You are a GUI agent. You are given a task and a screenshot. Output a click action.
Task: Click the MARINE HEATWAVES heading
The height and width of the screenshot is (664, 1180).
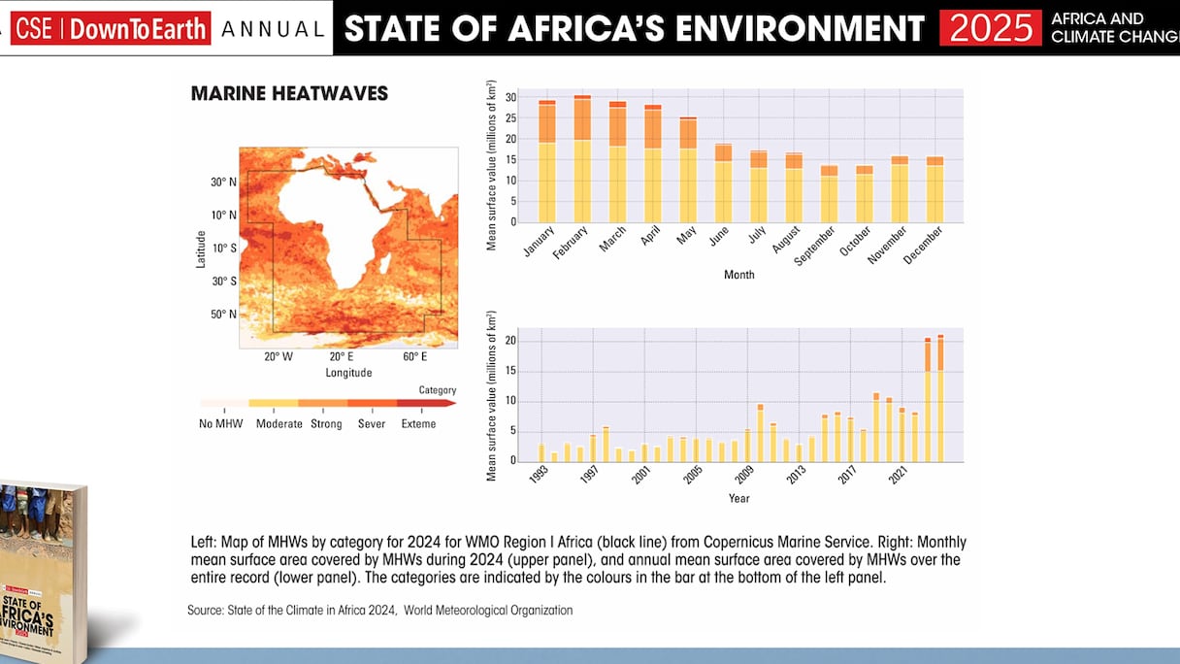[x=289, y=94]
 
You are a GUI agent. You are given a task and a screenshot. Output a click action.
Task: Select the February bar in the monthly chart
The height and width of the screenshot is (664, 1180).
[x=582, y=159]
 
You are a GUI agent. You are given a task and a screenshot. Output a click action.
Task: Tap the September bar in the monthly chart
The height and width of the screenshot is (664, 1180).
[x=829, y=194]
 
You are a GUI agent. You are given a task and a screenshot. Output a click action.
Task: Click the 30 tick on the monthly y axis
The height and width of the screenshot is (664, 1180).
[x=511, y=98]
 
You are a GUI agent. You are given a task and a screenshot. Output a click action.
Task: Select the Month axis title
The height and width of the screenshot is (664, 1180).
[x=738, y=275]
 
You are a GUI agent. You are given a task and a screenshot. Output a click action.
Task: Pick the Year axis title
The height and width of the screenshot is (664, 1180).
[x=738, y=499]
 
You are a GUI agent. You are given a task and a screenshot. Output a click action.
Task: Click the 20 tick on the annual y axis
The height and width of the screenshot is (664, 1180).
[x=511, y=342]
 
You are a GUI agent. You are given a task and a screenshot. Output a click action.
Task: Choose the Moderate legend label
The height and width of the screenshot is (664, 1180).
[x=279, y=424]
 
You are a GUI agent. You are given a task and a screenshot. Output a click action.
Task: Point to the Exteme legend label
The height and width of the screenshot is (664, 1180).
[x=418, y=424]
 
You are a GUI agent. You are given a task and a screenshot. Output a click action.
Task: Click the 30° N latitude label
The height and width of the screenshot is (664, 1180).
[x=223, y=183]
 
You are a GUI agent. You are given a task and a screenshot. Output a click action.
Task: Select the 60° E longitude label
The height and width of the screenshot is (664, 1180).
[x=415, y=357]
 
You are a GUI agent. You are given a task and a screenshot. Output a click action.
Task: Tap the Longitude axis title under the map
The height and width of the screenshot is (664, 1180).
[x=348, y=373]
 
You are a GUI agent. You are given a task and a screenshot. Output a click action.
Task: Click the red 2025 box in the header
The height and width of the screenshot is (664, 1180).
[x=990, y=28]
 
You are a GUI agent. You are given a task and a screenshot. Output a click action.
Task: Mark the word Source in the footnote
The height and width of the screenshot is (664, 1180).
[x=205, y=611]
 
